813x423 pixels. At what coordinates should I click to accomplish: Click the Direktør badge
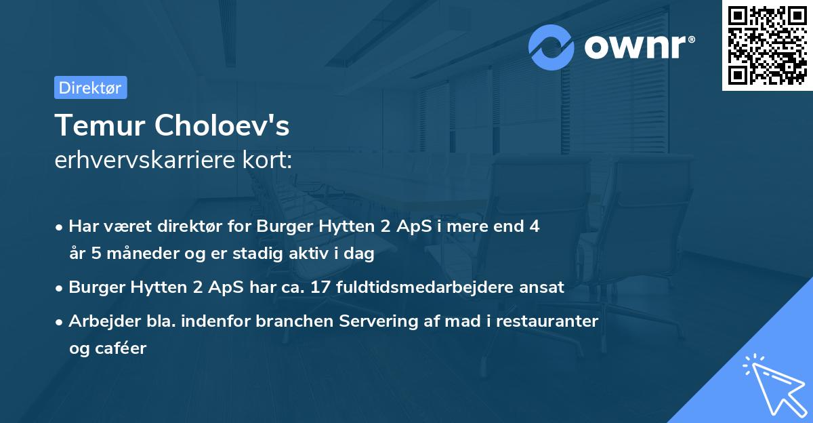(x=90, y=87)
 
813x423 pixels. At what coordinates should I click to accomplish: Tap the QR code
(x=766, y=45)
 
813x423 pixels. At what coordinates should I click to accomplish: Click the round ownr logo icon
(x=552, y=47)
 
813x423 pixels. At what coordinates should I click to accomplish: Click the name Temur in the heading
(x=100, y=125)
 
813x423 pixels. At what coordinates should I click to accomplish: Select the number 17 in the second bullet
(x=322, y=287)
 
